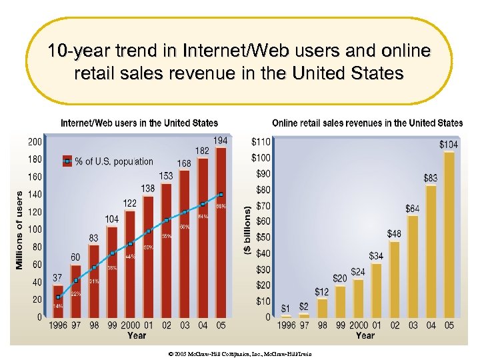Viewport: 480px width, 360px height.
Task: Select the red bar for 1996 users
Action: click(x=58, y=300)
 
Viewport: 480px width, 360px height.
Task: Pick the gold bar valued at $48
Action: click(x=395, y=279)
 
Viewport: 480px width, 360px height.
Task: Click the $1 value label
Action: click(x=286, y=308)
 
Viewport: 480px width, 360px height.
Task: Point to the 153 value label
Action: click(x=166, y=175)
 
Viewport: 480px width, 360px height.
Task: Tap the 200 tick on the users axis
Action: click(x=34, y=141)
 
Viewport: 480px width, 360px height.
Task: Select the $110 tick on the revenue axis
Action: click(x=261, y=142)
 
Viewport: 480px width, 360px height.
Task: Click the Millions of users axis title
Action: click(x=19, y=230)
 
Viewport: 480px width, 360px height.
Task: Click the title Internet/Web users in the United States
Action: click(x=139, y=123)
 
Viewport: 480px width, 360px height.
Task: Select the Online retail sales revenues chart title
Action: click(x=367, y=123)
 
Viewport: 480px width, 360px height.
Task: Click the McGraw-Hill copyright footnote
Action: click(x=239, y=354)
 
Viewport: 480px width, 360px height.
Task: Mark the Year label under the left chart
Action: click(x=137, y=335)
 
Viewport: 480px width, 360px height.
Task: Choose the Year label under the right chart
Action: click(x=365, y=335)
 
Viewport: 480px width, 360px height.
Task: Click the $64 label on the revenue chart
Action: click(x=413, y=209)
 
